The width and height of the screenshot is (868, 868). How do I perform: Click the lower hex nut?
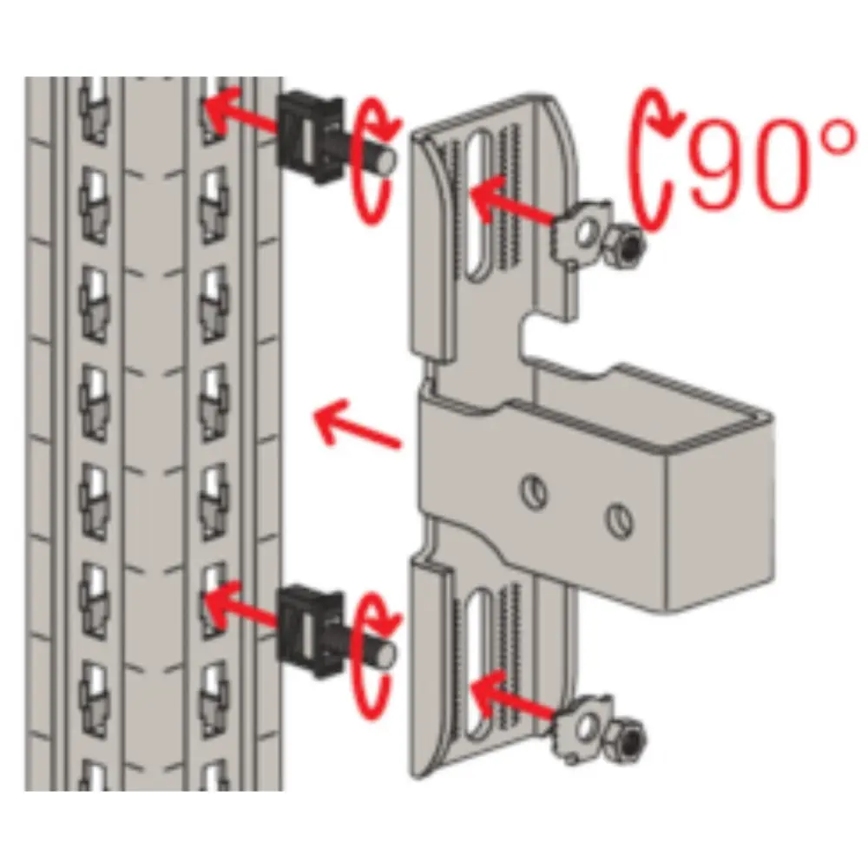click(625, 739)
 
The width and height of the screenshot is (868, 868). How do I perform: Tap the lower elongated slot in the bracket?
click(479, 664)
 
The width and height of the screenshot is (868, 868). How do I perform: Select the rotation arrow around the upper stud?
click(375, 161)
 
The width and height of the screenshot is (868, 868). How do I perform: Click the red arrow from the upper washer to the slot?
click(512, 202)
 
